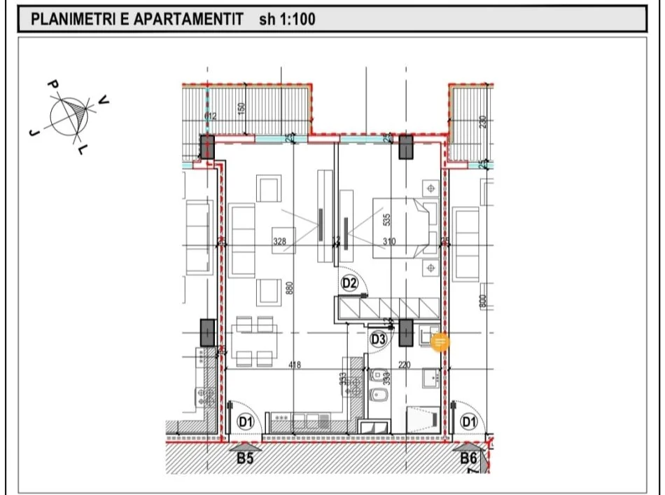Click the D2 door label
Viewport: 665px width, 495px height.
[x=349, y=283]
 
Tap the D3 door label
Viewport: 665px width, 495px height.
[x=379, y=339]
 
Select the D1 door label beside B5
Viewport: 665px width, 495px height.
[x=245, y=422]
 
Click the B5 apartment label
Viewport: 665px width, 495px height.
[x=244, y=459]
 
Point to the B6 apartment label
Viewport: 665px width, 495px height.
[x=468, y=459]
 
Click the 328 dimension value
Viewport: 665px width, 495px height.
[x=279, y=241]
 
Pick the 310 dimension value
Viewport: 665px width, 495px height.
[x=389, y=241]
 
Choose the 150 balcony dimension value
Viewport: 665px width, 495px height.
[x=241, y=110]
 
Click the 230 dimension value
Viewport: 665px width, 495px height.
[x=482, y=123]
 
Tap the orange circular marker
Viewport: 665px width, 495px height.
[x=440, y=342]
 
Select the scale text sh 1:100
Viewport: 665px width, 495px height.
[x=287, y=20]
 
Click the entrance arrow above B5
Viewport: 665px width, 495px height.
[x=244, y=445]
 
